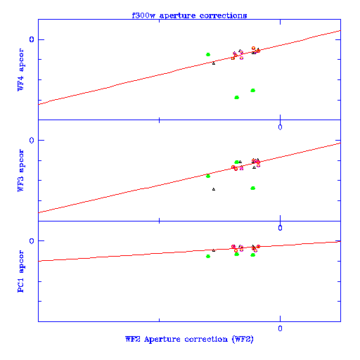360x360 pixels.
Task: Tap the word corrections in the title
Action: [223, 15]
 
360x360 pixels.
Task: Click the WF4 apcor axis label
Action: [20, 70]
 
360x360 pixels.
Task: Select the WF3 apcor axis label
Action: [20, 170]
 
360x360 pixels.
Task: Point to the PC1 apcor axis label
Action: [20, 271]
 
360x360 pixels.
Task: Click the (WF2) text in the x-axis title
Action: [243, 339]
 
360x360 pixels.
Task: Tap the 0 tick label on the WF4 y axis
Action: [32, 39]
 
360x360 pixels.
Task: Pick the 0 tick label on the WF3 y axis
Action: [32, 141]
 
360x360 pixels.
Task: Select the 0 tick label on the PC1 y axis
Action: [32, 241]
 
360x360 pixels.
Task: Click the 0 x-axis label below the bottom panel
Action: [280, 328]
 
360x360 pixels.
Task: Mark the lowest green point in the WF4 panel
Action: [237, 97]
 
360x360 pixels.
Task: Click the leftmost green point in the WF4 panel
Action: [208, 55]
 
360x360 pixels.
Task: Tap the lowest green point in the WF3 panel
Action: [253, 188]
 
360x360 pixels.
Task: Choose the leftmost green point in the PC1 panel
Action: [208, 257]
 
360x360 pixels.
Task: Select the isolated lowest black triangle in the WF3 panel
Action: [214, 189]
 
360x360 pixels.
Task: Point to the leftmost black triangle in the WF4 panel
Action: [214, 63]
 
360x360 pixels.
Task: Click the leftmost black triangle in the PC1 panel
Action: [214, 250]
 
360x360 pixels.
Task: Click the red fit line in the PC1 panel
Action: [189, 251]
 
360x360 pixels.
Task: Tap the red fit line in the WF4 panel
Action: [189, 67]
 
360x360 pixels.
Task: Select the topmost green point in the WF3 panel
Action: [237, 162]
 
